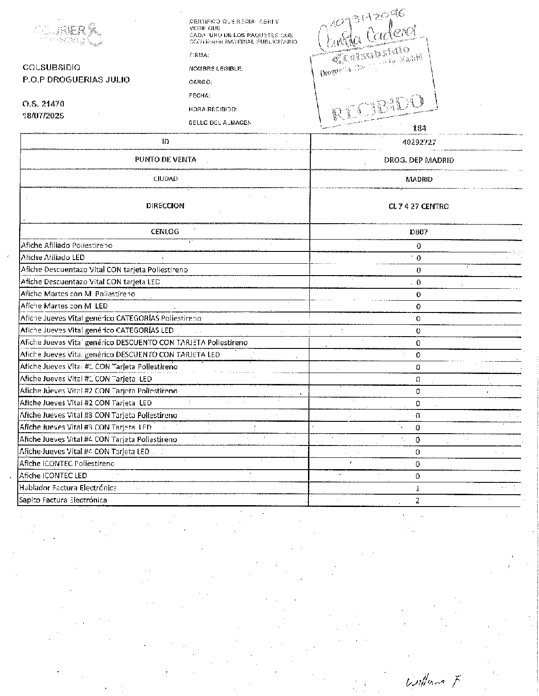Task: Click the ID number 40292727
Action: click(419, 142)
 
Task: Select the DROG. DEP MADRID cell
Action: click(419, 160)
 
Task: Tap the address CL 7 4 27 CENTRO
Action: click(419, 206)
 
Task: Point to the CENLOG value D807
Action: click(419, 232)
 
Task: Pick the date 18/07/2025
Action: click(44, 116)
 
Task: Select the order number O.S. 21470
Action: click(44, 104)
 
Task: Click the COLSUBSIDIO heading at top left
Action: click(51, 67)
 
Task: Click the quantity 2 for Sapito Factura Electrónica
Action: click(418, 501)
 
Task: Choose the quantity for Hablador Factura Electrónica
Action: click(418, 488)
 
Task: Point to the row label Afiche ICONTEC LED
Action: click(53, 476)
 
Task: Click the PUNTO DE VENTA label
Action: click(165, 159)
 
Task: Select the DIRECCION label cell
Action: click(165, 206)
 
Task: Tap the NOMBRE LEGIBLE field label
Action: click(216, 69)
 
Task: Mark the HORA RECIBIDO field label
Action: click(213, 109)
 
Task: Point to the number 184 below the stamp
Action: click(419, 128)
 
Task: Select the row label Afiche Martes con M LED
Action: click(64, 306)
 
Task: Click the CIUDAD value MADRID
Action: click(419, 179)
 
